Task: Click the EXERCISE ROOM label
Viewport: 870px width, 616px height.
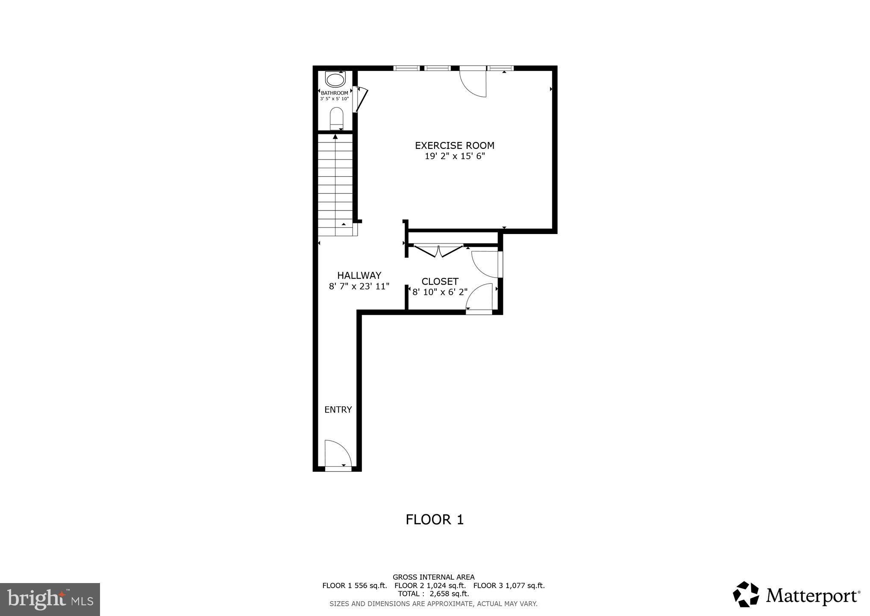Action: pos(455,145)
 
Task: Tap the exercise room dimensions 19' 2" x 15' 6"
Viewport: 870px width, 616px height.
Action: pos(455,157)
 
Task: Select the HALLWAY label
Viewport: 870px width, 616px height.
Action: pos(359,275)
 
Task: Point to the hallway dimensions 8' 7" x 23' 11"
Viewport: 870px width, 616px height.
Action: pos(359,287)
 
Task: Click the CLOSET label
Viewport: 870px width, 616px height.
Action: pos(440,281)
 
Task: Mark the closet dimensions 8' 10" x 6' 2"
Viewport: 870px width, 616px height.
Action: pos(440,292)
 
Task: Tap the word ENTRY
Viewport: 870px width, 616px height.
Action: pos(338,410)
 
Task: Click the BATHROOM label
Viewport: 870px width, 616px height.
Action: pos(335,93)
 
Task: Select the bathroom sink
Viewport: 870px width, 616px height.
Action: pos(335,80)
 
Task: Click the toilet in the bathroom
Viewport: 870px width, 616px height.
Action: pos(337,118)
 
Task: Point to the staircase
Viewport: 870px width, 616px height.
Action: pos(335,184)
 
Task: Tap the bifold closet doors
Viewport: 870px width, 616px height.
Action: pos(438,251)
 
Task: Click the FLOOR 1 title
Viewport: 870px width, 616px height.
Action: pos(435,520)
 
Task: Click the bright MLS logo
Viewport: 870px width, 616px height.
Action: pos(50,599)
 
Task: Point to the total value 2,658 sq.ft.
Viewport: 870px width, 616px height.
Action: pos(449,594)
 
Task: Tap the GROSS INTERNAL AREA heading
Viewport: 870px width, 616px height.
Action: pos(433,577)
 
